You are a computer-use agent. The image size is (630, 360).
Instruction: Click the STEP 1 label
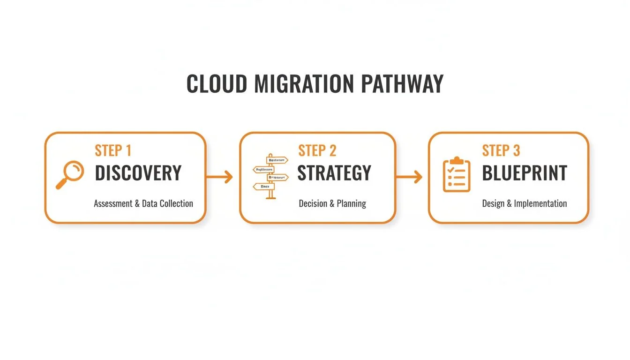tap(113, 150)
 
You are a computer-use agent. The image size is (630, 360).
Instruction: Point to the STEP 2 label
tap(317, 150)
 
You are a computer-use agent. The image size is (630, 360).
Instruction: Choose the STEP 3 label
tap(501, 150)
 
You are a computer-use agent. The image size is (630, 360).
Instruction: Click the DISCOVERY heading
tap(138, 173)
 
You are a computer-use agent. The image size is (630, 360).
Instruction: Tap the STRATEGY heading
tap(334, 173)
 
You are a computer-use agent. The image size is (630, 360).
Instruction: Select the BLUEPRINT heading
tap(525, 173)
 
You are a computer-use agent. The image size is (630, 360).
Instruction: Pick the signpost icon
tap(270, 176)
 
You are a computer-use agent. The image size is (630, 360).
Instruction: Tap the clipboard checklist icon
tap(456, 175)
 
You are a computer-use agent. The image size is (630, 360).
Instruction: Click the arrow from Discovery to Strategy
tap(219, 177)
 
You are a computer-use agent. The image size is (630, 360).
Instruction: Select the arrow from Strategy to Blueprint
tap(409, 177)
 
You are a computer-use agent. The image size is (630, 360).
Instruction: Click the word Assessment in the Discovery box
tap(114, 203)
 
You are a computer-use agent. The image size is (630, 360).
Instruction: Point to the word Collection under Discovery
tap(176, 203)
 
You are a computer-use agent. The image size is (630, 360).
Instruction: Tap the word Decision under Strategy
tap(313, 203)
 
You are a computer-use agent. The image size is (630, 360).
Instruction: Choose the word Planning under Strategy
tap(351, 203)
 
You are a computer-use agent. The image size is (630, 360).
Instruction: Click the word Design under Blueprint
tap(493, 203)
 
